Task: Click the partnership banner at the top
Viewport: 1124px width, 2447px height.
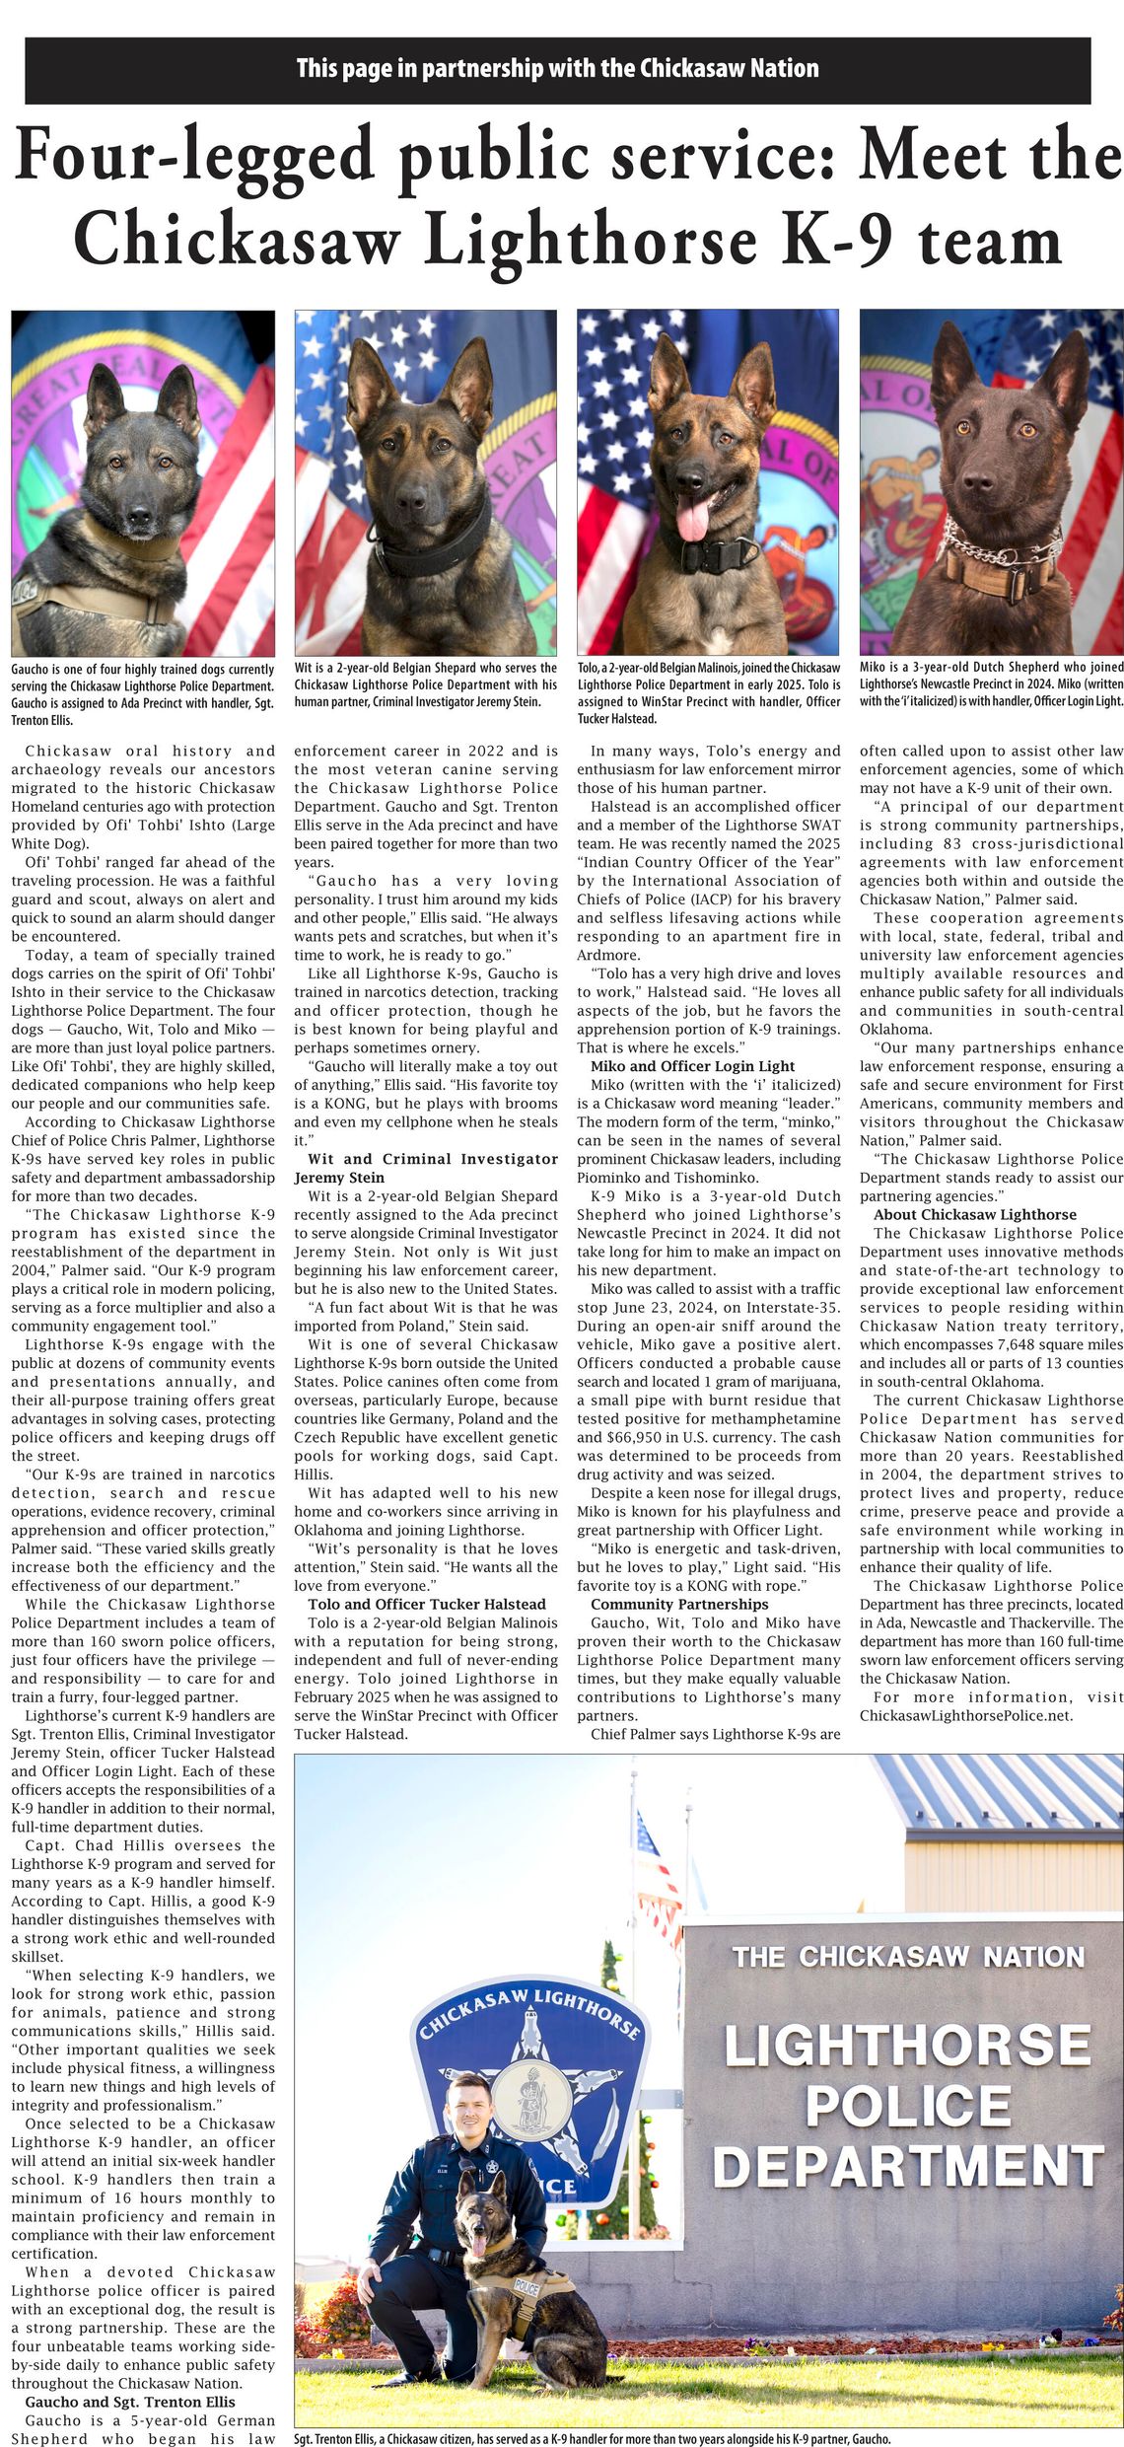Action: (x=558, y=69)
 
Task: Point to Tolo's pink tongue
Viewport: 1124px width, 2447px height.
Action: (x=692, y=515)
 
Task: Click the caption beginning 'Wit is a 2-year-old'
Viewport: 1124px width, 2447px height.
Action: (x=425, y=684)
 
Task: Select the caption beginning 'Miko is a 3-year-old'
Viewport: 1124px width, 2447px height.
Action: (x=991, y=684)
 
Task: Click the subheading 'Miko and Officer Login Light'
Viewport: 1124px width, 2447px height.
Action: (x=692, y=1065)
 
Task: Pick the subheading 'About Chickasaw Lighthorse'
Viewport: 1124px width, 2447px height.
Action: (x=974, y=1214)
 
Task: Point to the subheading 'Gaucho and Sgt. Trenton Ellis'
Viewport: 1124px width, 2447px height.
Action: (x=130, y=2402)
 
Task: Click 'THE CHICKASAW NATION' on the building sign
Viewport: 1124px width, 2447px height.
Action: (x=907, y=1957)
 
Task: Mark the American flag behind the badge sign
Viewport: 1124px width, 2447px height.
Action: (x=655, y=1864)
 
